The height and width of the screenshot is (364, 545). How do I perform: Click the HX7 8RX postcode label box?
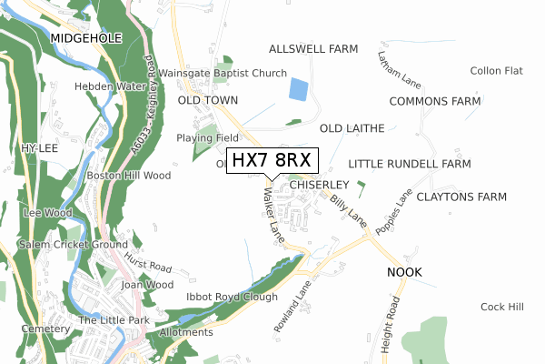click(x=272, y=160)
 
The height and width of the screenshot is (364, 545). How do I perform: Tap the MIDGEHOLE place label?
click(x=86, y=37)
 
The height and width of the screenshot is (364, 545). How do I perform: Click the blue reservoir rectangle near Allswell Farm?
click(x=298, y=89)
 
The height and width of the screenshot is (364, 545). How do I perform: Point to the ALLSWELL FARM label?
click(x=314, y=47)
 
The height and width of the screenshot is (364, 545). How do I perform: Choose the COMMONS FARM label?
click(x=434, y=101)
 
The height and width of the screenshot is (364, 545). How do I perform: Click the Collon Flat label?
click(x=496, y=71)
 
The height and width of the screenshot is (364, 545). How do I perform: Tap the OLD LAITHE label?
click(x=352, y=128)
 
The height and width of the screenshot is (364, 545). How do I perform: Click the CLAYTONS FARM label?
click(x=461, y=197)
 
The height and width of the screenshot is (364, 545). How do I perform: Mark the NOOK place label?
click(x=405, y=272)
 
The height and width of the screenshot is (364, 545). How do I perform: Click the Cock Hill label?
click(x=502, y=307)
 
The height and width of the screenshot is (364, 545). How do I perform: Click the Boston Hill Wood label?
click(x=128, y=175)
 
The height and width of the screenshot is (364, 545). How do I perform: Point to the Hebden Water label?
click(x=111, y=86)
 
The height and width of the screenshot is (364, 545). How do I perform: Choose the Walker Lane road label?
click(x=275, y=215)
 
